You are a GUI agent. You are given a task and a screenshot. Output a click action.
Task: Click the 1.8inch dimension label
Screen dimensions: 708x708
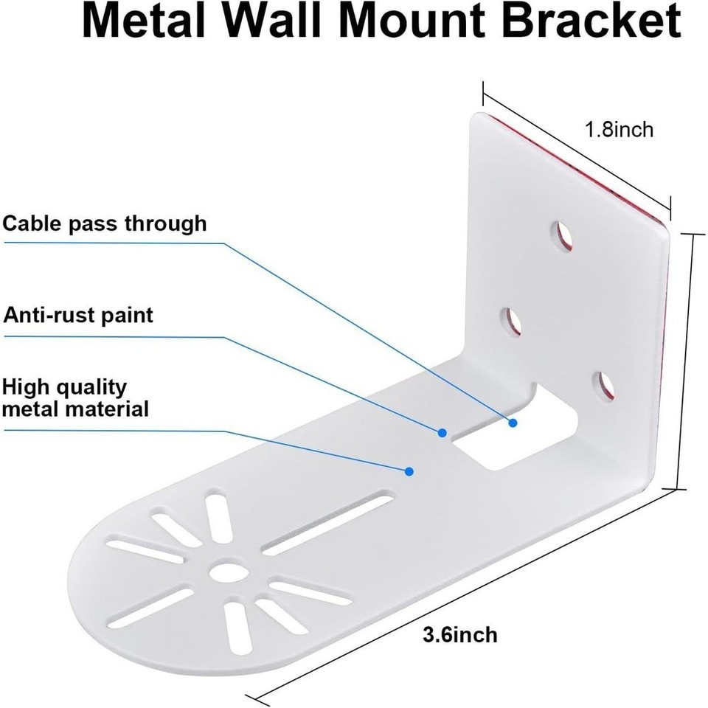point(619,130)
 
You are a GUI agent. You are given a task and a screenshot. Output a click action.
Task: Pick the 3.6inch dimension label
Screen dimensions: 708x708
point(460,634)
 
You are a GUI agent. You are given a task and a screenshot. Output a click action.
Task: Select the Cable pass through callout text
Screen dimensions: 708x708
point(104,223)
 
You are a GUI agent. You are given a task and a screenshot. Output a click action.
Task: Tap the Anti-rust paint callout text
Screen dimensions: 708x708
point(78,316)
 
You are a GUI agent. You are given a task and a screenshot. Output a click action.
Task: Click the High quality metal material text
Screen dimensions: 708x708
point(75,398)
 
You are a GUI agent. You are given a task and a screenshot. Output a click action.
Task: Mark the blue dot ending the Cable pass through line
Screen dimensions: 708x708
point(513,423)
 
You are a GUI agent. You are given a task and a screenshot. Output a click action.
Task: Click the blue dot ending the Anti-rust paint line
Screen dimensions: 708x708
point(443,432)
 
